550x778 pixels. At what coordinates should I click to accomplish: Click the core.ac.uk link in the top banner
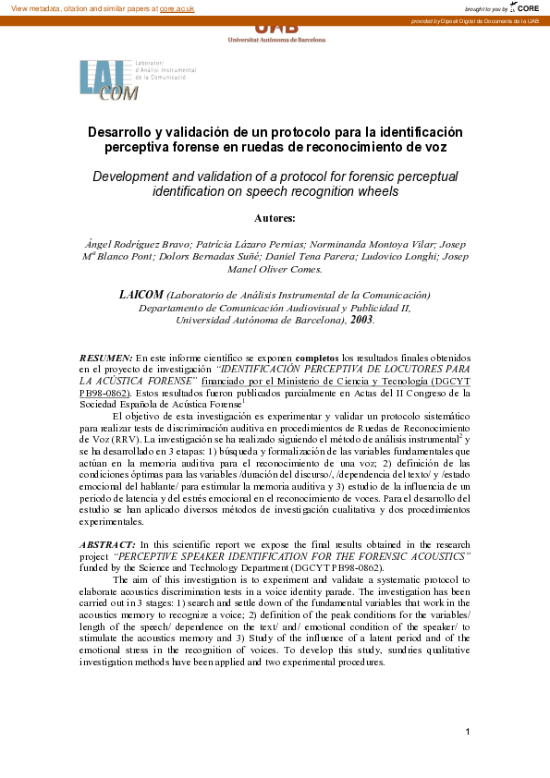point(176,7)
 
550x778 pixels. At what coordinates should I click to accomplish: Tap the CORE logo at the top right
point(527,7)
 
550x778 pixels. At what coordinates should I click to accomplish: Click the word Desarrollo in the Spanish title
point(120,132)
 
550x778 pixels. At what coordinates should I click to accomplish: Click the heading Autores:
point(275,218)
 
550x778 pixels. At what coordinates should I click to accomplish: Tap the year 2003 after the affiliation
point(360,320)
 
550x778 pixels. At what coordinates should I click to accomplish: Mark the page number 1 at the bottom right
point(469,732)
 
